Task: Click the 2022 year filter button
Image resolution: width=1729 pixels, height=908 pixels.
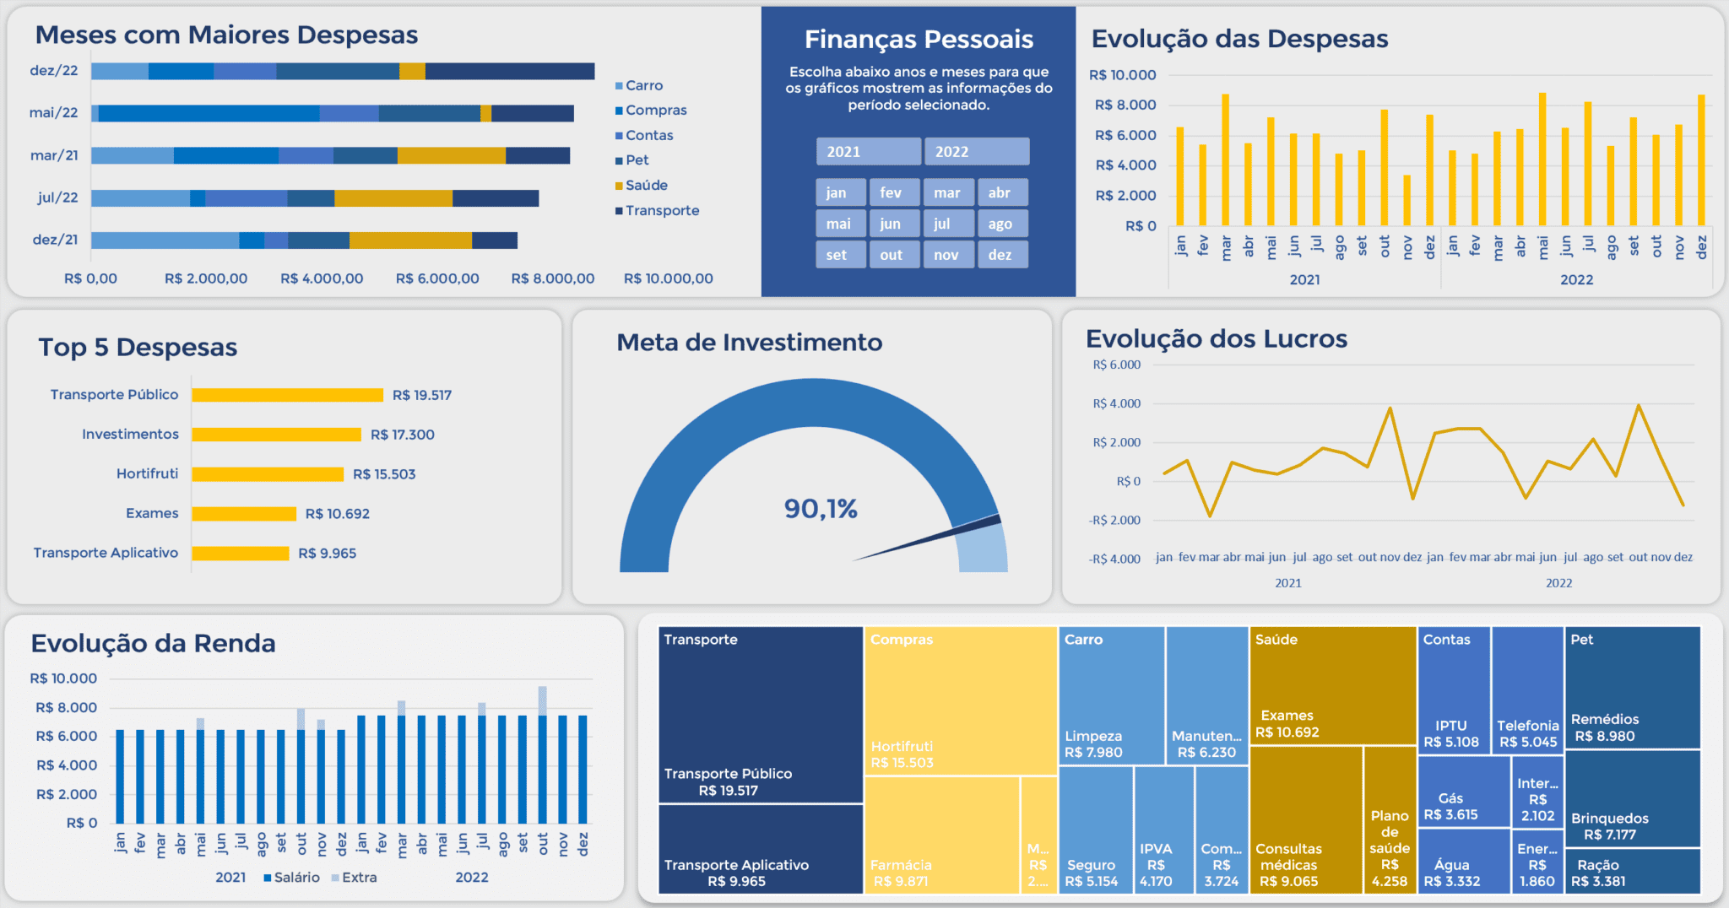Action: tap(976, 152)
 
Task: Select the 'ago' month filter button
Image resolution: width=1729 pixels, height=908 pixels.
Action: tap(1002, 224)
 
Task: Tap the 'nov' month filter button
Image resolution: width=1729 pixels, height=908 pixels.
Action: tap(946, 255)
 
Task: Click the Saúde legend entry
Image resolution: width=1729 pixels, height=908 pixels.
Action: tap(646, 186)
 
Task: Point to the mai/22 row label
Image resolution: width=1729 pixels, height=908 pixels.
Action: tap(53, 113)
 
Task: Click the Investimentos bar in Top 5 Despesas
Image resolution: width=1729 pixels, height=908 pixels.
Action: tap(276, 435)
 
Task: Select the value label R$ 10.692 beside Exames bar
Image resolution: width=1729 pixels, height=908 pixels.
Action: tap(337, 514)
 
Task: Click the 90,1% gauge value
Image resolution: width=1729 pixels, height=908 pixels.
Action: tap(820, 509)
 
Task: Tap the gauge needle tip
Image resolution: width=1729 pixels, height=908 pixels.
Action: tap(1000, 519)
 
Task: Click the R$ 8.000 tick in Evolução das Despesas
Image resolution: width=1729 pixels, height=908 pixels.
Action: tap(1125, 105)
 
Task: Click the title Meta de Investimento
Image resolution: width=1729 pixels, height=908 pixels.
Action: tap(749, 343)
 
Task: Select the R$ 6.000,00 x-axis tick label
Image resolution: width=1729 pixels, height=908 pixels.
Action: tap(437, 278)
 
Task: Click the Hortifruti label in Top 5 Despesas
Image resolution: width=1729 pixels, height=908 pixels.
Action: tap(148, 474)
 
